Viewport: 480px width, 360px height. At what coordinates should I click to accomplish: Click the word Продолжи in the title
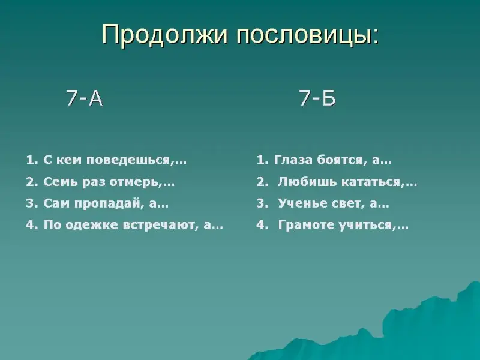coord(166,34)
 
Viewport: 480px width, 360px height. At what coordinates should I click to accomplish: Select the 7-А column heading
coord(84,98)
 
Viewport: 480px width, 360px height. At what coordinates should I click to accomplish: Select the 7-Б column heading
coord(317,98)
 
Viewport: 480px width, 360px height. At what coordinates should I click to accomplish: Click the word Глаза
coord(293,160)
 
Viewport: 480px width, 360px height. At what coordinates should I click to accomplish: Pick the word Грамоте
coord(306,226)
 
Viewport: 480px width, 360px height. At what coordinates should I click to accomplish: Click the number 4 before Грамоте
coord(260,226)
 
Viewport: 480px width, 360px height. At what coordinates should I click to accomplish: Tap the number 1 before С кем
coord(29,160)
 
